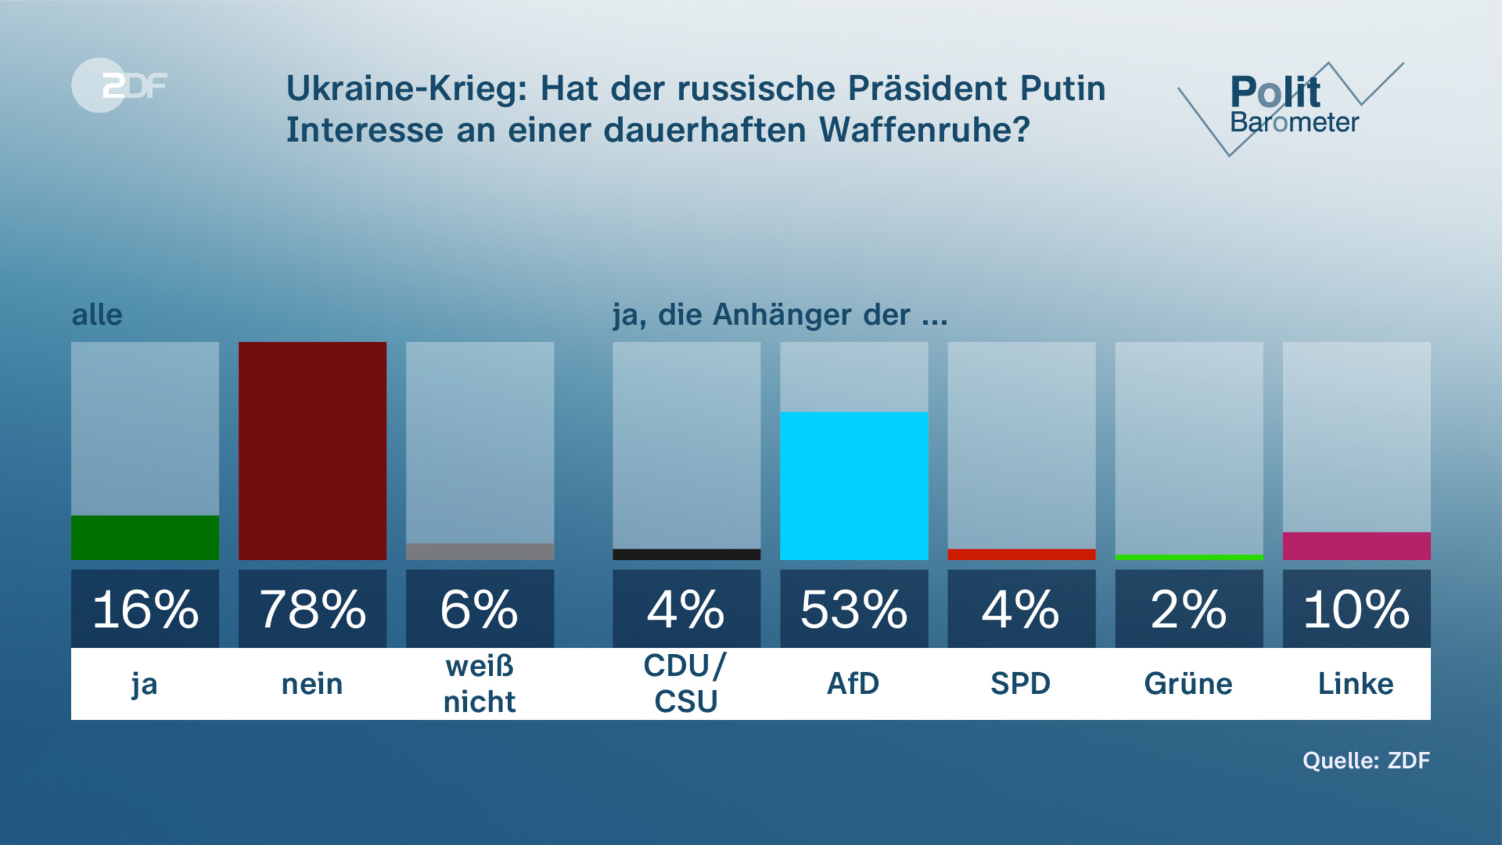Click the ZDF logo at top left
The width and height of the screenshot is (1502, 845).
pos(119,85)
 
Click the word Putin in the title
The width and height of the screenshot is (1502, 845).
pos(1063,88)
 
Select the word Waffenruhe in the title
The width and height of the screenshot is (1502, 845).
pos(924,130)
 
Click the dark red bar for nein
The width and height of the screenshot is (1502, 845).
pos(312,451)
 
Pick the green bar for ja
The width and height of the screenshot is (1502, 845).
pos(145,538)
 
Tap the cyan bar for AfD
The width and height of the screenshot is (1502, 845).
pos(854,486)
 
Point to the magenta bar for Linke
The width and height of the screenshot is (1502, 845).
pos(1356,546)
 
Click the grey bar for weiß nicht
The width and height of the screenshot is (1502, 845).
pos(480,551)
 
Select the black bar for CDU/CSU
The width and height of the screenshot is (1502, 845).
pos(687,555)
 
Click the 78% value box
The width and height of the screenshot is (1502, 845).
pos(312,608)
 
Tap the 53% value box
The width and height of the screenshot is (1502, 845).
pos(854,608)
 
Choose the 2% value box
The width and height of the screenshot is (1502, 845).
pos(1188,608)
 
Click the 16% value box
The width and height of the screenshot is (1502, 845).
pos(145,608)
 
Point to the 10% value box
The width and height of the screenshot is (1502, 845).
pos(1356,608)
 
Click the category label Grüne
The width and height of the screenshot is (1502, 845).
pos(1188,684)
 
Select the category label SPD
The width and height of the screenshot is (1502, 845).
pos(1021,684)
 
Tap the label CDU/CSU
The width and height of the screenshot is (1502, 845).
pos(685,684)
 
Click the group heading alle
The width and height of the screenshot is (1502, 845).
pos(97,315)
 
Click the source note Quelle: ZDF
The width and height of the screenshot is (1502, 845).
pos(1366,760)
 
